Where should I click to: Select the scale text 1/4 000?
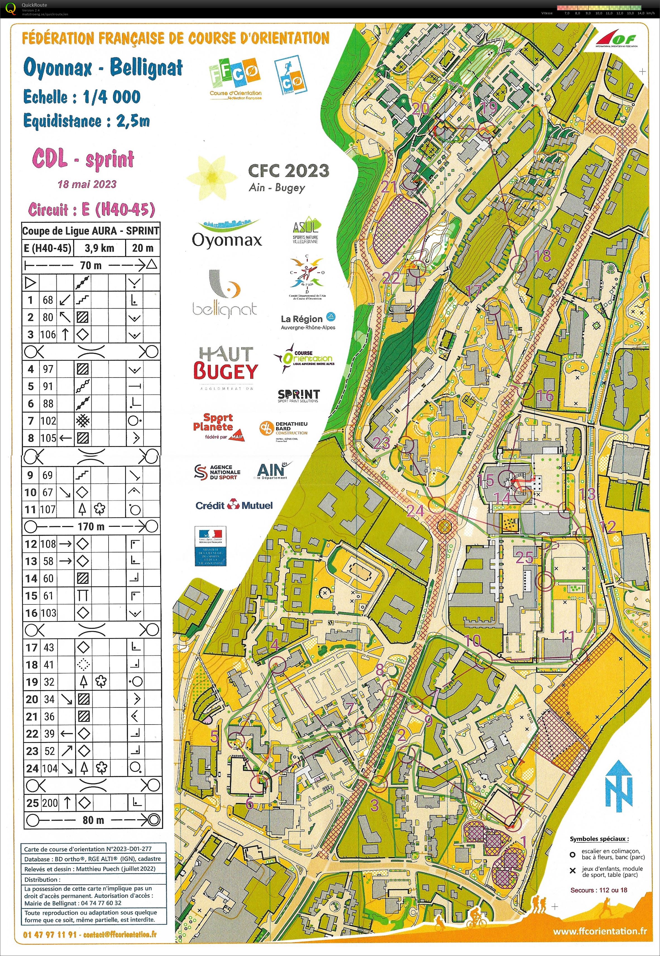(x=112, y=97)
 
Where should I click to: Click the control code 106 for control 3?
(x=48, y=334)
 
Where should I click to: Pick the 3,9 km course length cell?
(x=99, y=248)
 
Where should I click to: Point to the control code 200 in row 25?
(x=50, y=803)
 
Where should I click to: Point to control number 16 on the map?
(x=545, y=396)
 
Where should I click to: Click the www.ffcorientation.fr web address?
(x=600, y=931)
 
